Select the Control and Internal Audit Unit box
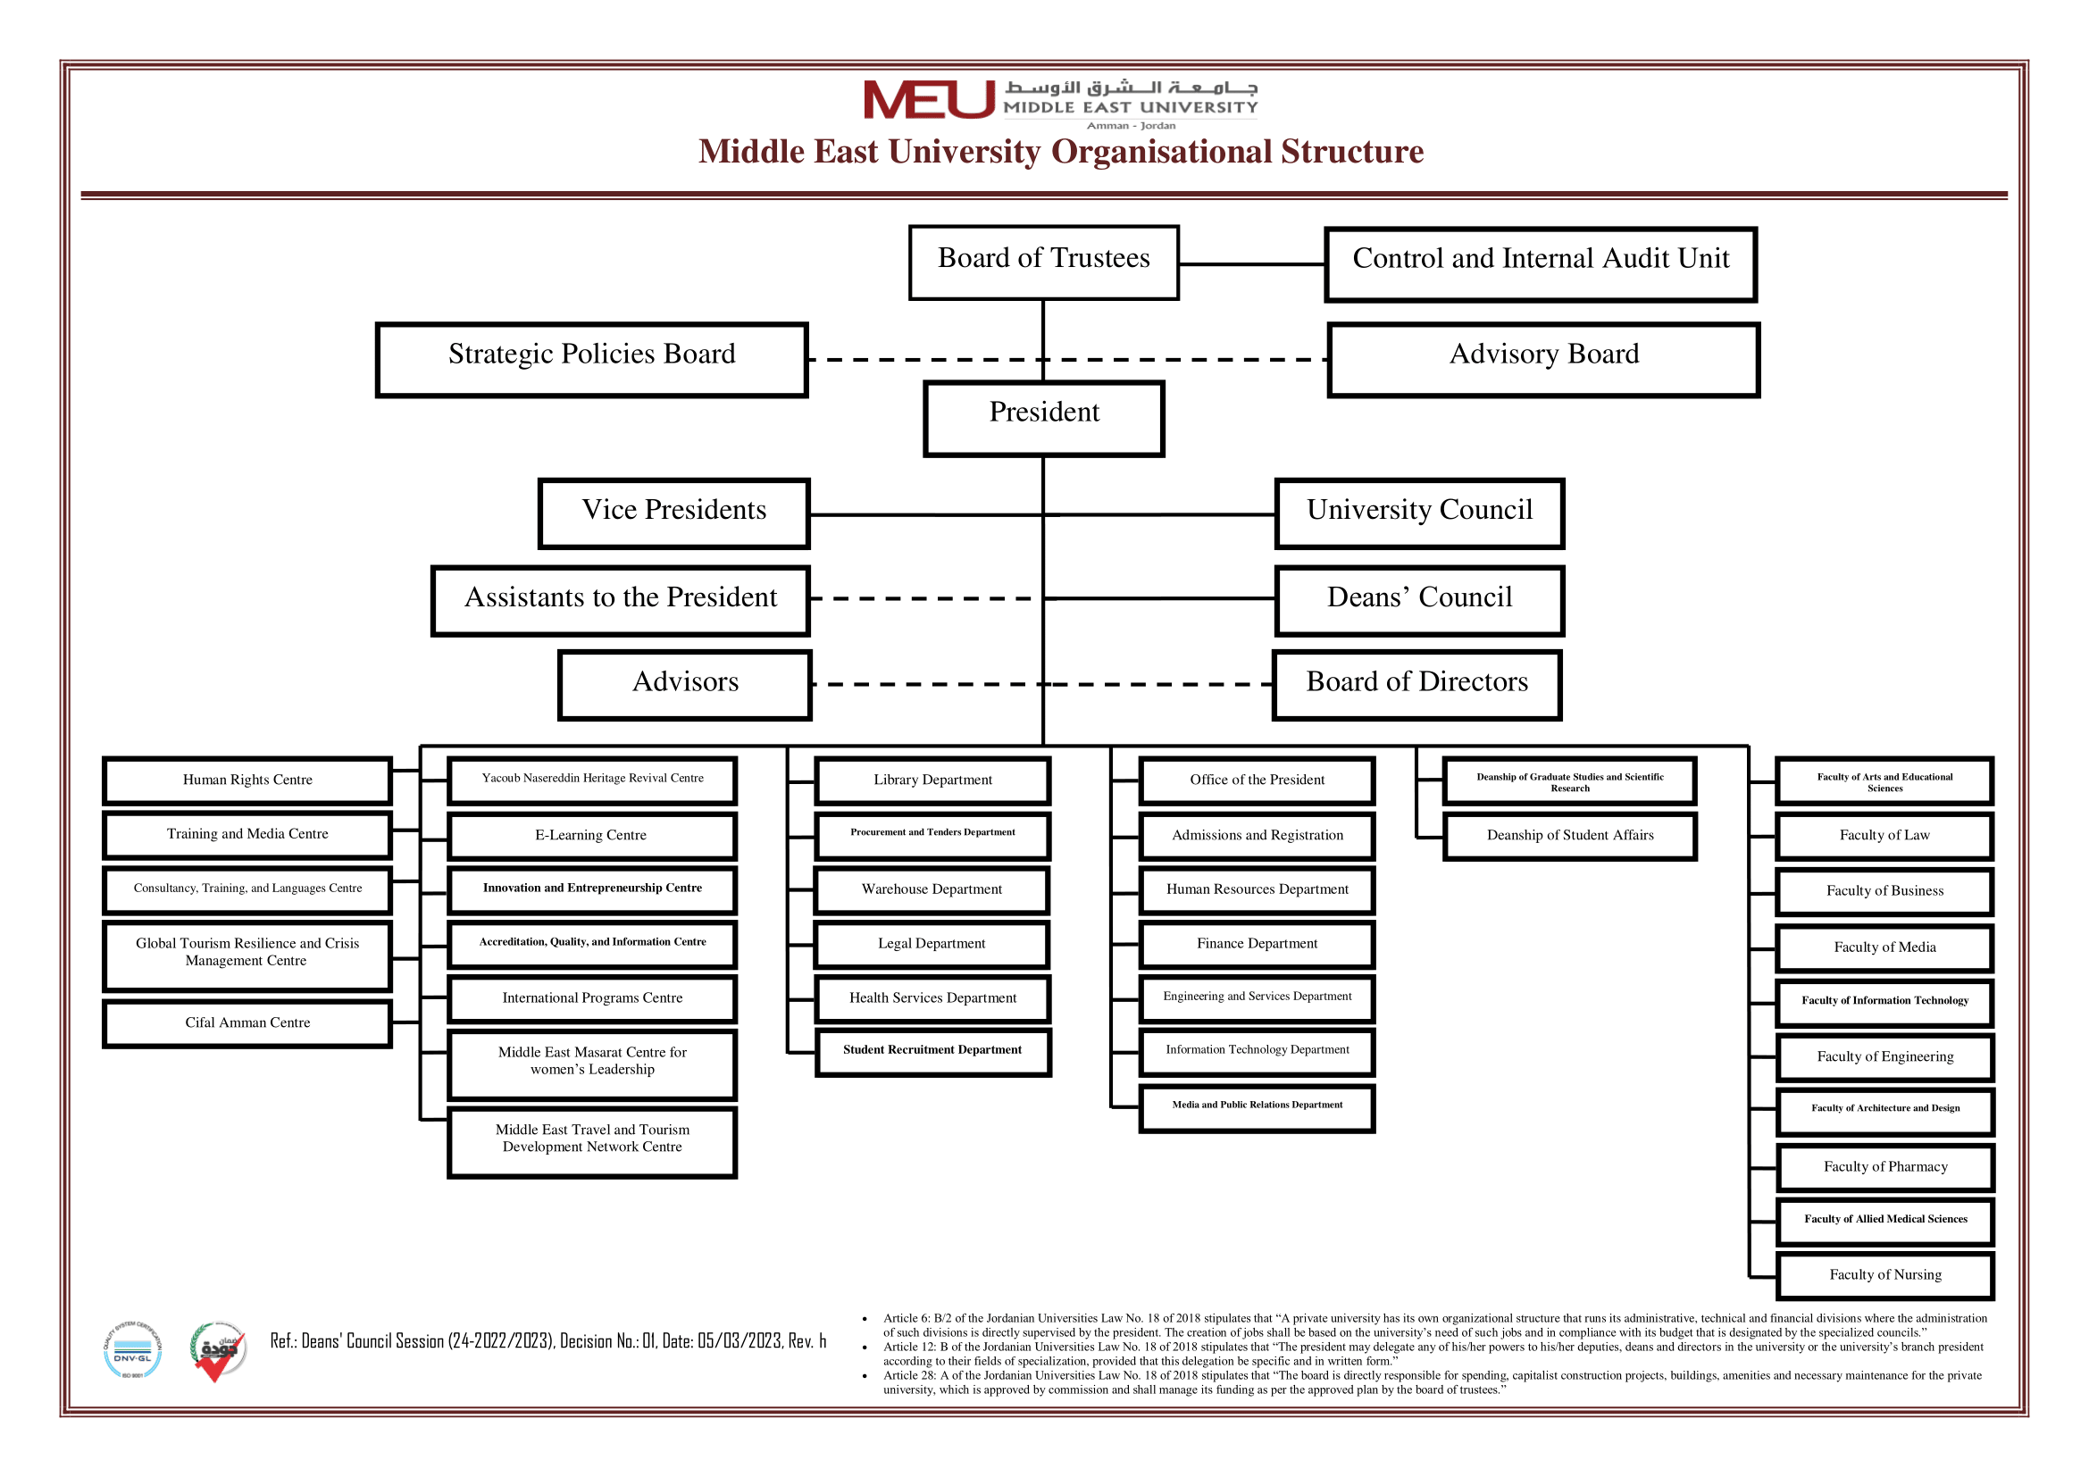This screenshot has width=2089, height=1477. [1541, 264]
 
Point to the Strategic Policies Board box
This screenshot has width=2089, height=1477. [591, 360]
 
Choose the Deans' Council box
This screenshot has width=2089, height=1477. [1419, 601]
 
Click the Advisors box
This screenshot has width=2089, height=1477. [685, 686]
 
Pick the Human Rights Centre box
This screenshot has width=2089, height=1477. [247, 780]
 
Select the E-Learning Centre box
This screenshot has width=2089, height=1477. [591, 836]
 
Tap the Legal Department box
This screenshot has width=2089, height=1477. [932, 945]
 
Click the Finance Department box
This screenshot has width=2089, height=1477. [1257, 945]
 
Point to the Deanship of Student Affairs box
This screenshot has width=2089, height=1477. [1569, 836]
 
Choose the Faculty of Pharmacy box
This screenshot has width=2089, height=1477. [1885, 1168]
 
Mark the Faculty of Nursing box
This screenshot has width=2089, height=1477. [1885, 1276]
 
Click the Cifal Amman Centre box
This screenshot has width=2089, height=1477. [247, 1024]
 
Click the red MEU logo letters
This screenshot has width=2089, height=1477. [929, 100]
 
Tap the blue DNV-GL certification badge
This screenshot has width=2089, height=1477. [133, 1350]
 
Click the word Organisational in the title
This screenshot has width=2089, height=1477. [1160, 152]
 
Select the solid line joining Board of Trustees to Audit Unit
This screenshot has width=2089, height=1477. [1252, 264]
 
